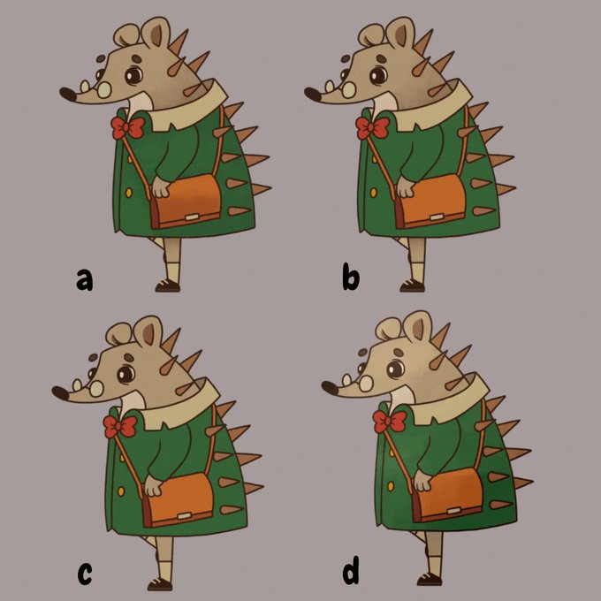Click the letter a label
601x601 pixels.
click(x=84, y=279)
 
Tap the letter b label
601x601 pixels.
click(x=351, y=277)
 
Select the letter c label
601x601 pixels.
click(x=85, y=574)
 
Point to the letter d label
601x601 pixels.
click(x=351, y=570)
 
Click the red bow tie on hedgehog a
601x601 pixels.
click(x=127, y=128)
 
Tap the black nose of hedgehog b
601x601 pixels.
click(x=313, y=95)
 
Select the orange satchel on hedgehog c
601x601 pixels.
click(x=179, y=500)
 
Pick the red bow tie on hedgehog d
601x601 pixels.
click(x=390, y=422)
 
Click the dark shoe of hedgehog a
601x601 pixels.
click(x=168, y=286)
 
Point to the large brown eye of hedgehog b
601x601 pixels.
click(x=378, y=75)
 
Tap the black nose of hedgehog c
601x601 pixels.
click(x=61, y=393)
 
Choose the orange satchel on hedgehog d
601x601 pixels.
click(x=448, y=495)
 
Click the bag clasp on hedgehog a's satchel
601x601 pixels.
click(x=191, y=217)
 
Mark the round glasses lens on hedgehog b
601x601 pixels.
click(x=348, y=90)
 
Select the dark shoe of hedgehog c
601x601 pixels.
click(x=160, y=584)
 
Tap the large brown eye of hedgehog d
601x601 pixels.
click(x=395, y=369)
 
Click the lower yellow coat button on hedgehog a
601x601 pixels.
click(x=129, y=193)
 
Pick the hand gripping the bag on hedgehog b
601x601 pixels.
click(x=406, y=186)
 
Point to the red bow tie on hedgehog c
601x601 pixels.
click(x=120, y=427)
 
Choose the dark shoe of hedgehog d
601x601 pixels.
click(x=430, y=579)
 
